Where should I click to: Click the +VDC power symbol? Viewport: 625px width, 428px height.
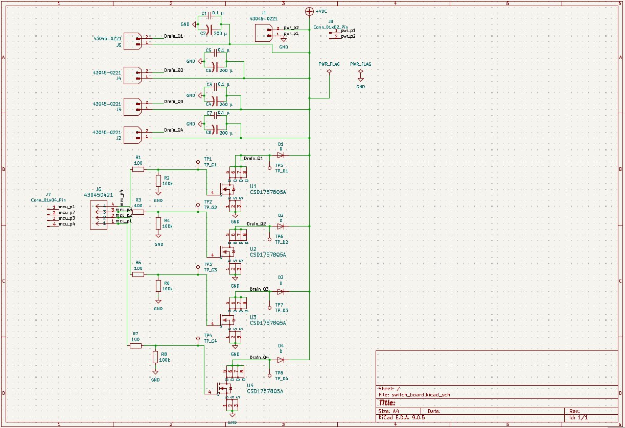(309, 11)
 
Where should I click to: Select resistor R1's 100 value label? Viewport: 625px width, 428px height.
(138, 163)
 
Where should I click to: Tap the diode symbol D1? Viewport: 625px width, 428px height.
(281, 155)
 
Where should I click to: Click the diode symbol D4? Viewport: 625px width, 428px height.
(281, 360)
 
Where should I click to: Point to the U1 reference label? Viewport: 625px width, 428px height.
(253, 186)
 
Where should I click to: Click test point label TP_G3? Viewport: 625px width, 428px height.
(211, 269)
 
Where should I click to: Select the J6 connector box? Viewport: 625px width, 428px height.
(99, 215)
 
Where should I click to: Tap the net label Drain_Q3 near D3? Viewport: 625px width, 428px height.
(259, 289)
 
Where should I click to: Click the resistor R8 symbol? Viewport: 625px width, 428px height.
(155, 357)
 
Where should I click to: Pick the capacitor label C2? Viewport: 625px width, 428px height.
(203, 33)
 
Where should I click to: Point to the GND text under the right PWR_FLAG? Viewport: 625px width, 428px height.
(361, 87)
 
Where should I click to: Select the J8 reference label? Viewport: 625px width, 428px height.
(331, 21)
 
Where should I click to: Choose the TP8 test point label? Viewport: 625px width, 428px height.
(279, 373)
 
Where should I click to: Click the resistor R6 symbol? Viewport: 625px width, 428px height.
(158, 286)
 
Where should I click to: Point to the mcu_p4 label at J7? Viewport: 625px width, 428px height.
(66, 224)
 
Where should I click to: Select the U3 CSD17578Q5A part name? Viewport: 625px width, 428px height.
(268, 323)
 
